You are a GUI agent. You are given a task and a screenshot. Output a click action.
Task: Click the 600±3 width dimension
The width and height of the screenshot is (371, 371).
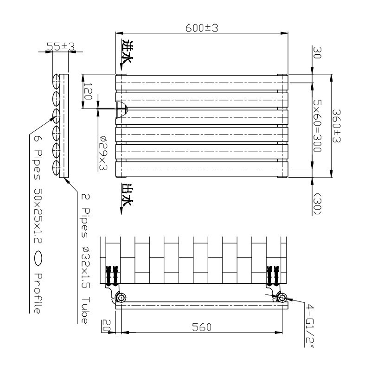tap(202, 28)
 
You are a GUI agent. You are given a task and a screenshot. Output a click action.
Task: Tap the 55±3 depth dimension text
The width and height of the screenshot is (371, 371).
tap(61, 46)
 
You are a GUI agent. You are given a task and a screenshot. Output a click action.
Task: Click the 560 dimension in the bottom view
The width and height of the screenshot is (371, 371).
tap(202, 327)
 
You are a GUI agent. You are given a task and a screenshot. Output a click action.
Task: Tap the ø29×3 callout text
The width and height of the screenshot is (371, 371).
tap(103, 153)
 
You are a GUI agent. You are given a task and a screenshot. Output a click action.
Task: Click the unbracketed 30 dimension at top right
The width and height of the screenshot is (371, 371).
tap(317, 51)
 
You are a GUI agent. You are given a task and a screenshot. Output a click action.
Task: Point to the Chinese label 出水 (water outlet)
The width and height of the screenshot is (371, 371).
tap(126, 194)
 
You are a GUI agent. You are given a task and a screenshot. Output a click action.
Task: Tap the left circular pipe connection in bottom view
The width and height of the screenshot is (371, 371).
tap(122, 297)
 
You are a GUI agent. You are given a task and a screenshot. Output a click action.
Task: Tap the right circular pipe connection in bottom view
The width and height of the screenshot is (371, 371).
tap(281, 297)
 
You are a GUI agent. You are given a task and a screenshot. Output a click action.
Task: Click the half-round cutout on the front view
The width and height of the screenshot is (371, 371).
tap(121, 109)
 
